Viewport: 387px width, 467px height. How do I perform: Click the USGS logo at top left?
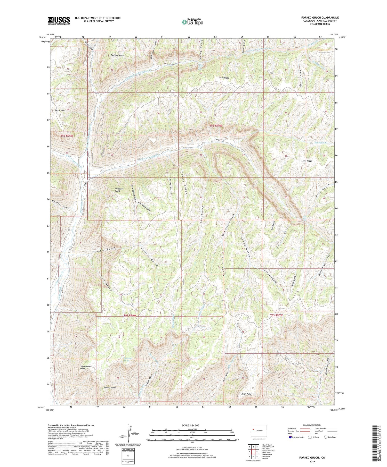pos(59,21)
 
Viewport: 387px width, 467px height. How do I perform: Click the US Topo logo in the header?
pos(192,22)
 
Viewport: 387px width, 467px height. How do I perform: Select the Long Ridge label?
pos(224,78)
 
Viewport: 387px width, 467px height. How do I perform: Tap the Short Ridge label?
pos(307,161)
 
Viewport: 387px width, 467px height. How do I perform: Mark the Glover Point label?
pos(110,387)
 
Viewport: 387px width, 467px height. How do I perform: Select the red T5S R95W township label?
pos(215,126)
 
